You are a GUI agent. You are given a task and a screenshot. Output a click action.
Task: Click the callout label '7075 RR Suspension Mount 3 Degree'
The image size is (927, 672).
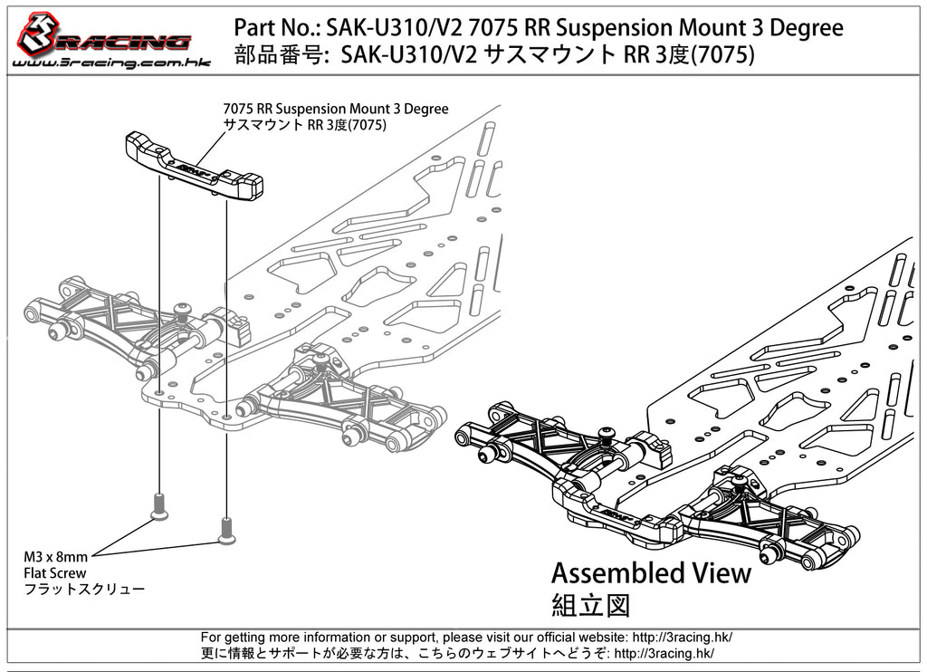click(x=336, y=109)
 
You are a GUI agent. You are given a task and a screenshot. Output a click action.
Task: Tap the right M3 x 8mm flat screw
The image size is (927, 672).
click(x=225, y=530)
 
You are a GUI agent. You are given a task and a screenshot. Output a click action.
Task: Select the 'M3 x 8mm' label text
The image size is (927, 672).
click(x=56, y=556)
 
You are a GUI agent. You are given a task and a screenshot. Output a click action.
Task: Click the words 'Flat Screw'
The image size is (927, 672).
click(x=55, y=572)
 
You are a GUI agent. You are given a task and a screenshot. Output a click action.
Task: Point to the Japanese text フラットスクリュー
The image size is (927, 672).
click(x=84, y=589)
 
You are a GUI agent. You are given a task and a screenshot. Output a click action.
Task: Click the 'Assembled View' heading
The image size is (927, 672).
click(x=651, y=573)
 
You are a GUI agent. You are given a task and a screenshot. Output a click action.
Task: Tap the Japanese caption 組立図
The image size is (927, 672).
click(x=589, y=604)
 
